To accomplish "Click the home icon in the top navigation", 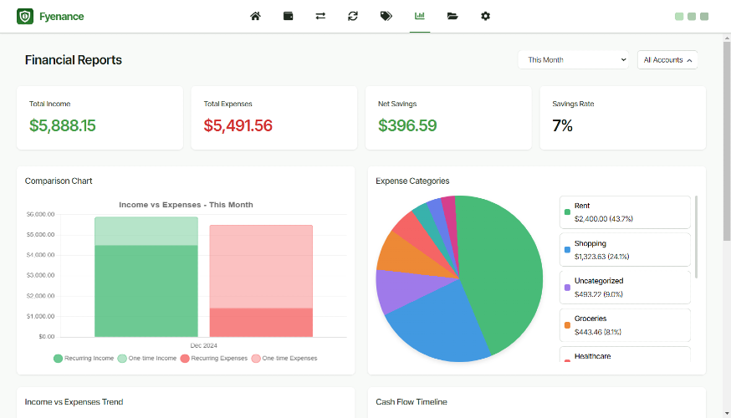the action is (x=255, y=17).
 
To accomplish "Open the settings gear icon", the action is (x=485, y=17).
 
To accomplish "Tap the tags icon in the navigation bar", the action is (x=386, y=17).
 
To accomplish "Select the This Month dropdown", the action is (x=574, y=59).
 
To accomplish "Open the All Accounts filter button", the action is (x=667, y=59).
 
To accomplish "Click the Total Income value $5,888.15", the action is (x=63, y=125).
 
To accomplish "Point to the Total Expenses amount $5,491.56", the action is (x=238, y=125).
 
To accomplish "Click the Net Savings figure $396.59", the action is (x=407, y=125).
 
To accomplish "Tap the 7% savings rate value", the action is (x=562, y=125).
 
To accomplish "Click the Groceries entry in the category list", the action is (x=625, y=325).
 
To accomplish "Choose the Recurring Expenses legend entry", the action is (x=214, y=359).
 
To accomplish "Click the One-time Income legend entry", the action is (x=147, y=359).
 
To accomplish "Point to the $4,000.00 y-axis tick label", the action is (x=40, y=255).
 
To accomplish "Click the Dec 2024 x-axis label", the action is (x=204, y=345).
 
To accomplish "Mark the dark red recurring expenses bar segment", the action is (x=261, y=323).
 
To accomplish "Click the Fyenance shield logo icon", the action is (x=25, y=17).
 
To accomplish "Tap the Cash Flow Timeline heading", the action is (x=412, y=401).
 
